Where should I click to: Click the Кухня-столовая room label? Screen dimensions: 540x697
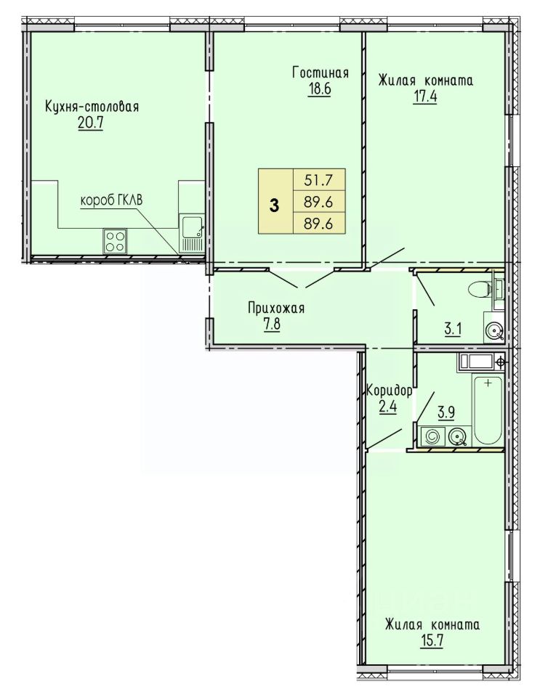(92, 107)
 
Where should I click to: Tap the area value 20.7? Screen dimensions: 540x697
(90, 123)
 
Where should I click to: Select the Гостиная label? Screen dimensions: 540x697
(321, 73)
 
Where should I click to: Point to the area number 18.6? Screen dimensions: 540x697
(319, 89)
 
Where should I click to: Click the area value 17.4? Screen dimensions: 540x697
(424, 97)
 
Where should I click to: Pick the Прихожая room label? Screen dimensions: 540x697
(276, 308)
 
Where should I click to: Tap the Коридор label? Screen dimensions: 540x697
(389, 391)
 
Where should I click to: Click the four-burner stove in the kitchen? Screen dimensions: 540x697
(115, 241)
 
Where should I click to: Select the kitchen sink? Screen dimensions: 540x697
(192, 234)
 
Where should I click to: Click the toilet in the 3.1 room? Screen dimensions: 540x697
(480, 290)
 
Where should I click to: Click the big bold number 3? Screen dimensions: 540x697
(275, 205)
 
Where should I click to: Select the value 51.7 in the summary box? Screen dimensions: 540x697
(318, 181)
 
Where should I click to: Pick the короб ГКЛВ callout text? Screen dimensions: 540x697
(111, 201)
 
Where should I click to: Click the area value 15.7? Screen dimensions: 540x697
(430, 641)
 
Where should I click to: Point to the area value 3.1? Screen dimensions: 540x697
(453, 330)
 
